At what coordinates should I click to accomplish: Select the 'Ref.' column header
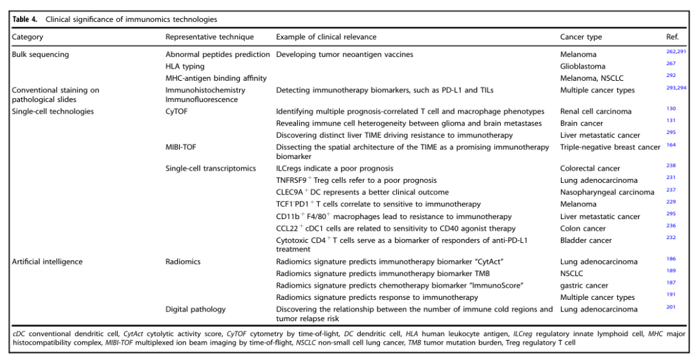click(x=672, y=37)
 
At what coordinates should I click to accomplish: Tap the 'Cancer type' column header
click(x=581, y=37)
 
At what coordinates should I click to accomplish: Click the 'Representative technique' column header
click(x=209, y=37)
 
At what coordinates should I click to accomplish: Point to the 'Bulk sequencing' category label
click(x=40, y=54)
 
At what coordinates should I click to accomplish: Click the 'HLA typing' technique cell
click(x=185, y=66)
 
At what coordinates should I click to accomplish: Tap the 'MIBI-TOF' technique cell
click(x=182, y=147)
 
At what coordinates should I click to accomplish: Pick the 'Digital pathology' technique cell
click(x=196, y=309)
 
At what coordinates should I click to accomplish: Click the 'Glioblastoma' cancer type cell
click(x=582, y=66)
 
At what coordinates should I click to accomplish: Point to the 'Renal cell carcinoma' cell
click(x=596, y=112)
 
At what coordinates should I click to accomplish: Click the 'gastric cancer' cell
click(x=583, y=285)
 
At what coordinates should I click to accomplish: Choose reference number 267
click(x=670, y=64)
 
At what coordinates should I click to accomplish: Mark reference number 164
click(x=671, y=145)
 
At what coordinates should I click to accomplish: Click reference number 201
click(x=671, y=307)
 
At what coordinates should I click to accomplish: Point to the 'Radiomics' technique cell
click(x=183, y=262)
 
